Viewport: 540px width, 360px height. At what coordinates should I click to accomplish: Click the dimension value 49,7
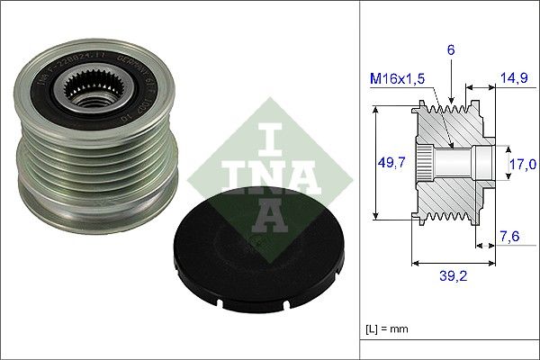(x=391, y=162)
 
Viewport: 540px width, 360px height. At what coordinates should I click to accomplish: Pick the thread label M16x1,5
(x=400, y=78)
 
